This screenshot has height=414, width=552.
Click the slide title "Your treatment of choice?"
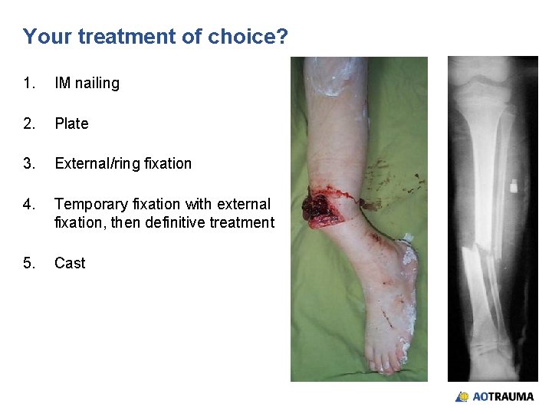pyautogui.click(x=155, y=36)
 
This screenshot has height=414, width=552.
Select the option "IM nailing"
pyautogui.click(x=87, y=84)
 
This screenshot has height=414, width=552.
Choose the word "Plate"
pyautogui.click(x=71, y=123)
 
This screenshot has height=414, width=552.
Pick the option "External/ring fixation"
pyautogui.click(x=123, y=163)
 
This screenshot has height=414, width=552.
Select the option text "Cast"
pyautogui.click(x=70, y=263)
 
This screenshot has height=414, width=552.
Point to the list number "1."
pyautogui.click(x=29, y=84)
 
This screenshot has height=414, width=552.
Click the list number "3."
pyautogui.click(x=29, y=163)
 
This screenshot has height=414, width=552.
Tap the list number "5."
pyautogui.click(x=29, y=263)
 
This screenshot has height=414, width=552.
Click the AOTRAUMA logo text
pyautogui.click(x=503, y=396)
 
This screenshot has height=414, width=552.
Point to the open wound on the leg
pyautogui.click(x=317, y=208)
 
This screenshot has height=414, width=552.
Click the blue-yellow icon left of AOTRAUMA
pyautogui.click(x=462, y=396)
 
